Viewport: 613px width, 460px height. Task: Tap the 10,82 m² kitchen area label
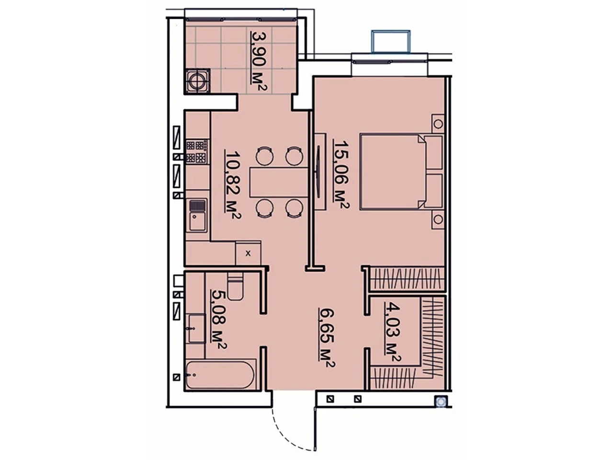(x=232, y=185)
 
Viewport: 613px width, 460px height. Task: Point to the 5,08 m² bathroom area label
(x=218, y=319)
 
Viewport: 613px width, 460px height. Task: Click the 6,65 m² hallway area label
(x=327, y=338)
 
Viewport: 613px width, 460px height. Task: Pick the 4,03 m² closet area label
(x=392, y=332)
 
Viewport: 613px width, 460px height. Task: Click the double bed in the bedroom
(x=401, y=172)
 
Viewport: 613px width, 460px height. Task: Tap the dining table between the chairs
(x=279, y=182)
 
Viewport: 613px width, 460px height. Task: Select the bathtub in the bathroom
(x=220, y=375)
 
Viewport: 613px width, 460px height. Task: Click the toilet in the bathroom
(x=235, y=286)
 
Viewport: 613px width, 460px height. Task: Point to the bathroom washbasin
(x=196, y=328)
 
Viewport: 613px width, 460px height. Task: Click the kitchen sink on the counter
(x=198, y=215)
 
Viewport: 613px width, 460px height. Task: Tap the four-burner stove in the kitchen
(x=197, y=152)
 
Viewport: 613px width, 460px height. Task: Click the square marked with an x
(x=248, y=253)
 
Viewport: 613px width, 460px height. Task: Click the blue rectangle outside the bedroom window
(x=391, y=41)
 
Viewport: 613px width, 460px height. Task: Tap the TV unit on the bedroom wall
(x=320, y=171)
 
